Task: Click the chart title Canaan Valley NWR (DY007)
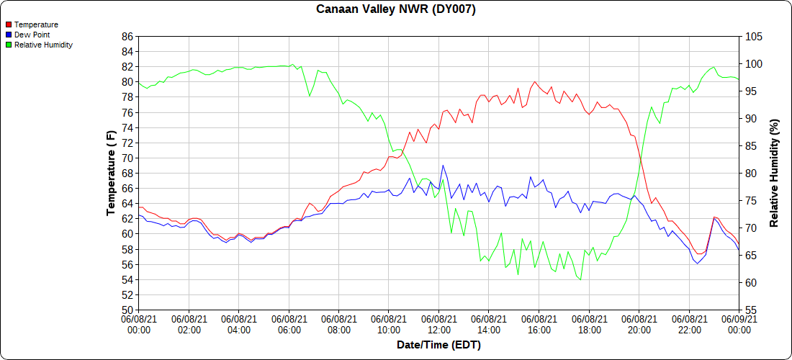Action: [x=396, y=9]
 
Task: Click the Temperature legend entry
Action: [x=35, y=24]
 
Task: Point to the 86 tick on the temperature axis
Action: [x=127, y=36]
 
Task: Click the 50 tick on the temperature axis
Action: [x=127, y=310]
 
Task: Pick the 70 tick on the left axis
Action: [x=127, y=158]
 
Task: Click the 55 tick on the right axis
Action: [x=751, y=310]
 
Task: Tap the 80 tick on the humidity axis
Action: [x=751, y=174]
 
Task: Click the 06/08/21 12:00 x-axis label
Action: [x=439, y=324]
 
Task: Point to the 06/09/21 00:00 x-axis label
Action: [x=739, y=324]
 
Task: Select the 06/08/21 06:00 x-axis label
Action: [x=289, y=324]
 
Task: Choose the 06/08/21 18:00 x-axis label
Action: [x=589, y=324]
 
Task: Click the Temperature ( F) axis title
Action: [x=111, y=173]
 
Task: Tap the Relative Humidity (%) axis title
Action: [x=774, y=173]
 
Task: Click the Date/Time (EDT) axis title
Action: [x=438, y=345]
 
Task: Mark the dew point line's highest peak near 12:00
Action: [x=443, y=165]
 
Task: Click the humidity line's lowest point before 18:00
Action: [x=580, y=279]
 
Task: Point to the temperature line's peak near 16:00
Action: [x=535, y=81]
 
